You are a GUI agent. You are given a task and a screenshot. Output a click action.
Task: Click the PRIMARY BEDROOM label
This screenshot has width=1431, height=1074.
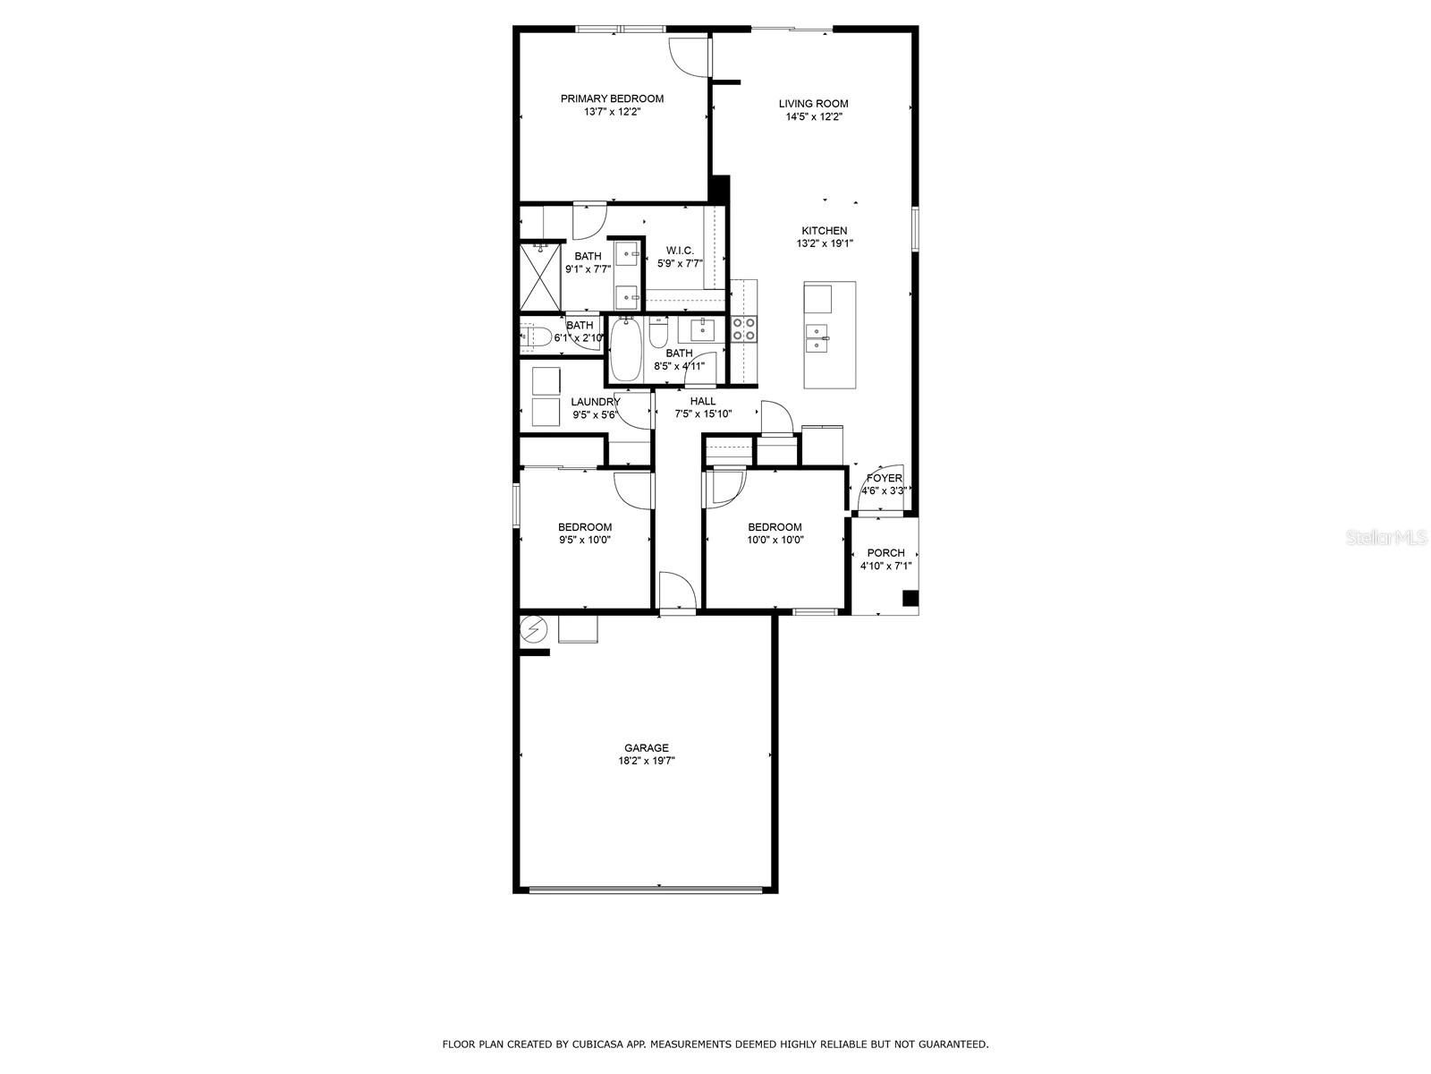tap(612, 98)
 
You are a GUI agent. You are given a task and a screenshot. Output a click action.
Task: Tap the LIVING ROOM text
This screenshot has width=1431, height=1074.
tap(813, 104)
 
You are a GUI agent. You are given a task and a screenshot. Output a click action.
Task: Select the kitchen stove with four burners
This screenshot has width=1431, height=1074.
tap(744, 329)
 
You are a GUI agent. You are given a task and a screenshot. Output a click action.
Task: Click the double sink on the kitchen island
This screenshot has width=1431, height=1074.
tap(817, 339)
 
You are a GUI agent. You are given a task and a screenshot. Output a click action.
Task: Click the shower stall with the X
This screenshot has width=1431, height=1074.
tap(540, 277)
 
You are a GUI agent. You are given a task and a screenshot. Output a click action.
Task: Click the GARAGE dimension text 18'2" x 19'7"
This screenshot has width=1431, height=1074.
tap(646, 761)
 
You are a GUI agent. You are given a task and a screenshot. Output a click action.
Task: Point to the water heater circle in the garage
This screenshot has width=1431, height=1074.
tap(534, 629)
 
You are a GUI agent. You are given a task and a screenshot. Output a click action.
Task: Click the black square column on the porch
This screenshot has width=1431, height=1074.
tap(910, 598)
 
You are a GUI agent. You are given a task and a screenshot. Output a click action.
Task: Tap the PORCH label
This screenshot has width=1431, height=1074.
tap(885, 553)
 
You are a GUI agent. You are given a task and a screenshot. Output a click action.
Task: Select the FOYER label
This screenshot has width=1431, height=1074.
tap(884, 478)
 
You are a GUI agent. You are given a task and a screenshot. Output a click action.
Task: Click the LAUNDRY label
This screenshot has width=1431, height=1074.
tap(595, 402)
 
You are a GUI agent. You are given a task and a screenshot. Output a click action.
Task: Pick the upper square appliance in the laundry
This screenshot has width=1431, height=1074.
tap(546, 380)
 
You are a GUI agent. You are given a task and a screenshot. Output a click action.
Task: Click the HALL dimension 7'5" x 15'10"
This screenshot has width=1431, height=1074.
tap(703, 413)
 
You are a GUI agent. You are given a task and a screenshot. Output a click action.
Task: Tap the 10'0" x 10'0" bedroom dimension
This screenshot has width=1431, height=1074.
tap(775, 540)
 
